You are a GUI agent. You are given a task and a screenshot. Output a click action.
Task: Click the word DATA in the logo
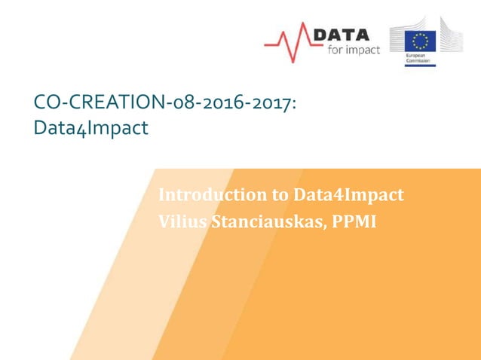click(341, 34)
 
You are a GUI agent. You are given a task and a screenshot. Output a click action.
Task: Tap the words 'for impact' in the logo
click(351, 50)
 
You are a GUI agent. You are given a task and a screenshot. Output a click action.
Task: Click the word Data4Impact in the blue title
click(91, 129)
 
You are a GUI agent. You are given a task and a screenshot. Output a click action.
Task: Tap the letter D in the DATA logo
click(320, 34)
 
